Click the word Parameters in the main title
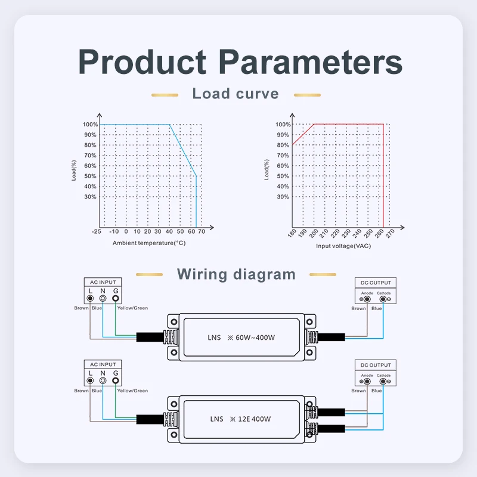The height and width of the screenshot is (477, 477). click(309, 62)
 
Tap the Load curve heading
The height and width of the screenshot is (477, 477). click(236, 94)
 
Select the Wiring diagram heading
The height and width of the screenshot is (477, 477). click(236, 274)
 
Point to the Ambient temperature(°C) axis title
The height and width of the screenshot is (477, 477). click(149, 243)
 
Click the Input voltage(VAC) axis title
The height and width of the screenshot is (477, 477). click(343, 246)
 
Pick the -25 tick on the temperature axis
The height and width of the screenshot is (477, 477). click(96, 231)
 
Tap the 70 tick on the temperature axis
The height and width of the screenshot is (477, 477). click(202, 231)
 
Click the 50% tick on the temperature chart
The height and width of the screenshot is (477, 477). click(90, 176)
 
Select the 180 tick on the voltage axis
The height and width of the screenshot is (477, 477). click(292, 236)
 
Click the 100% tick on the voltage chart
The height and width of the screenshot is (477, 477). click(283, 125)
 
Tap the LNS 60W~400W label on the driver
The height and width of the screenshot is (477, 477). click(242, 337)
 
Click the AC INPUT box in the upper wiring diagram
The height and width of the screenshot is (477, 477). click(103, 282)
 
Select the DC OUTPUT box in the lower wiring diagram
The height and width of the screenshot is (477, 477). click(376, 365)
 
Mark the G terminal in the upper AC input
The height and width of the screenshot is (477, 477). click(116, 297)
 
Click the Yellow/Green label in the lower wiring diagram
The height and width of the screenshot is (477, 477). click(132, 391)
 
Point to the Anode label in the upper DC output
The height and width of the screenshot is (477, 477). click(367, 293)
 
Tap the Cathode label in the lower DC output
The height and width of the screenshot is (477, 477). click(383, 375)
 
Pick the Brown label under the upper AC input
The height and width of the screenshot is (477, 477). click(82, 308)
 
